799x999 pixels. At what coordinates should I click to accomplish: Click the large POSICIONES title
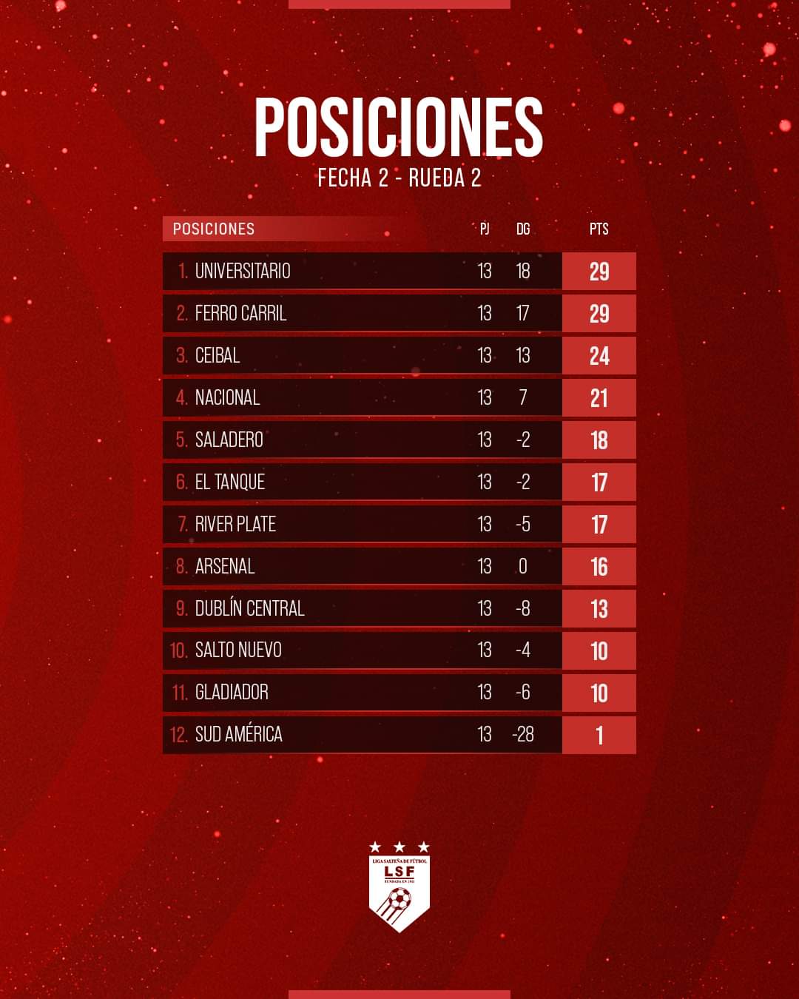(399, 127)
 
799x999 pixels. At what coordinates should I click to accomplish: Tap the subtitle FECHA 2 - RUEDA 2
(399, 178)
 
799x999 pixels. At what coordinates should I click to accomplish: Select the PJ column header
(485, 229)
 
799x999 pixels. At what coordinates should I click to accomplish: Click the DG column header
(523, 229)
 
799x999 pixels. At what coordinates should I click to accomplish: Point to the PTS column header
(599, 229)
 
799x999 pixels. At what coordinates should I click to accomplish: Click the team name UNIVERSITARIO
(243, 271)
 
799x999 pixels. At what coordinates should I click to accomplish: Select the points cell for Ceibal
(599, 355)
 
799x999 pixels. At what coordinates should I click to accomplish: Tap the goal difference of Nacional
(523, 397)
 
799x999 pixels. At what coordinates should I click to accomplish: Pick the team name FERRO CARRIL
(240, 313)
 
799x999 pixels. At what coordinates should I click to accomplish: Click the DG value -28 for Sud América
(522, 734)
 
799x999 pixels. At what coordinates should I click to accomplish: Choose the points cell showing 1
(599, 735)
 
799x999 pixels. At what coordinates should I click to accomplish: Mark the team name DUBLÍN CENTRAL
(249, 608)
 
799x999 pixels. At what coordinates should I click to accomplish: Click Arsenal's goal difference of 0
(523, 566)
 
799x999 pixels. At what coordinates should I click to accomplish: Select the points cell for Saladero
(599, 440)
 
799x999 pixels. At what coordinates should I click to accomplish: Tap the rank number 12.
(178, 734)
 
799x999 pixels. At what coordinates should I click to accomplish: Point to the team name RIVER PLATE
(235, 524)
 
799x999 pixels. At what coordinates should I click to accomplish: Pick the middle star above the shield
(399, 847)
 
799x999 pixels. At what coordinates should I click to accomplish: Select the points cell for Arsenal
(599, 566)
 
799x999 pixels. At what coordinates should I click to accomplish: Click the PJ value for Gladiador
(485, 692)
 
